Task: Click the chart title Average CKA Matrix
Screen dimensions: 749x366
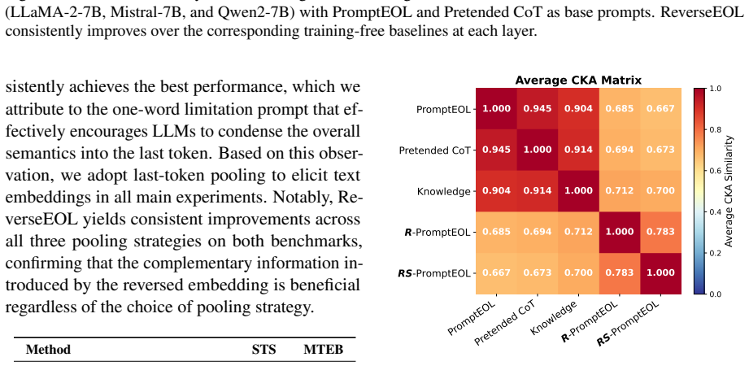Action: coord(578,80)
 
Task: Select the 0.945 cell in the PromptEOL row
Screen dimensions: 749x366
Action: coord(538,108)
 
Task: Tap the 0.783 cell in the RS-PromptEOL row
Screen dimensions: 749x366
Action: coord(620,272)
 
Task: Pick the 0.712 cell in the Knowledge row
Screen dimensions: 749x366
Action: coord(620,190)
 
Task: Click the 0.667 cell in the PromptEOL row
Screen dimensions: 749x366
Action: coord(660,108)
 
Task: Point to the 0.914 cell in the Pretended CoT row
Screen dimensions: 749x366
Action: coord(578,150)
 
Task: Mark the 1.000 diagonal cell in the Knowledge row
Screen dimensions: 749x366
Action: coord(578,190)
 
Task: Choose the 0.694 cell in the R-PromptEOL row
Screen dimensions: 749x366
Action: coord(538,232)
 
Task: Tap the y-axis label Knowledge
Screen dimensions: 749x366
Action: coord(444,191)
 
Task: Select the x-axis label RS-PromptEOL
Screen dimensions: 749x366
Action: coord(629,321)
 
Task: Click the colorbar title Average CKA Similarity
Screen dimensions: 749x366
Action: coord(729,191)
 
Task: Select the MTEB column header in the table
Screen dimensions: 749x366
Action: coord(324,350)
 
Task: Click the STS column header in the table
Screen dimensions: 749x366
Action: coord(264,350)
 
